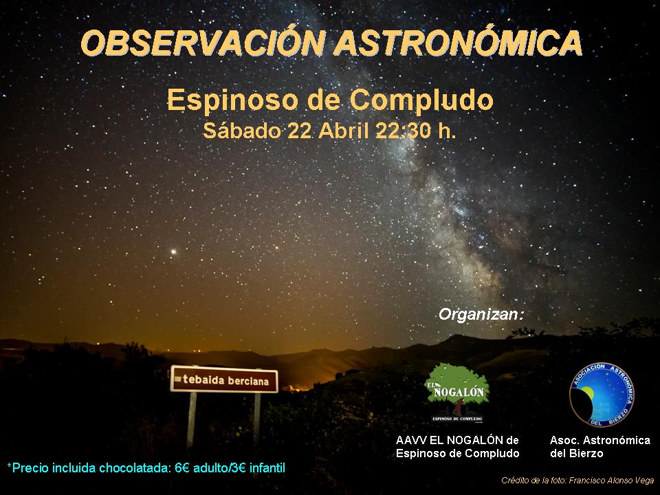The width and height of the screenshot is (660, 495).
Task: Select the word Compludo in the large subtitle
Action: click(421, 100)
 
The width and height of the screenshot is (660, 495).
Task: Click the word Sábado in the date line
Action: click(241, 131)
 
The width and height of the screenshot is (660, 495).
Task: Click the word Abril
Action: click(344, 131)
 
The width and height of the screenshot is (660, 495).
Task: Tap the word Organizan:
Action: click(481, 314)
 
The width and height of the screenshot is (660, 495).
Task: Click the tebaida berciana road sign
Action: click(224, 379)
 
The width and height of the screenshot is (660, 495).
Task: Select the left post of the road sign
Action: click(192, 421)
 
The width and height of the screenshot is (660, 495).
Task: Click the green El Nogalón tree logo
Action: click(457, 391)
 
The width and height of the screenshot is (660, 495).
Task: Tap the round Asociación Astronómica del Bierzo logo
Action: click(602, 395)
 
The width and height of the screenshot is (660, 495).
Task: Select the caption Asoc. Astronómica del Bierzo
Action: click(600, 447)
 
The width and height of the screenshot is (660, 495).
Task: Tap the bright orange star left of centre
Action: click(173, 252)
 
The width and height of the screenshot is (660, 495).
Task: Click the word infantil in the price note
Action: click(267, 468)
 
